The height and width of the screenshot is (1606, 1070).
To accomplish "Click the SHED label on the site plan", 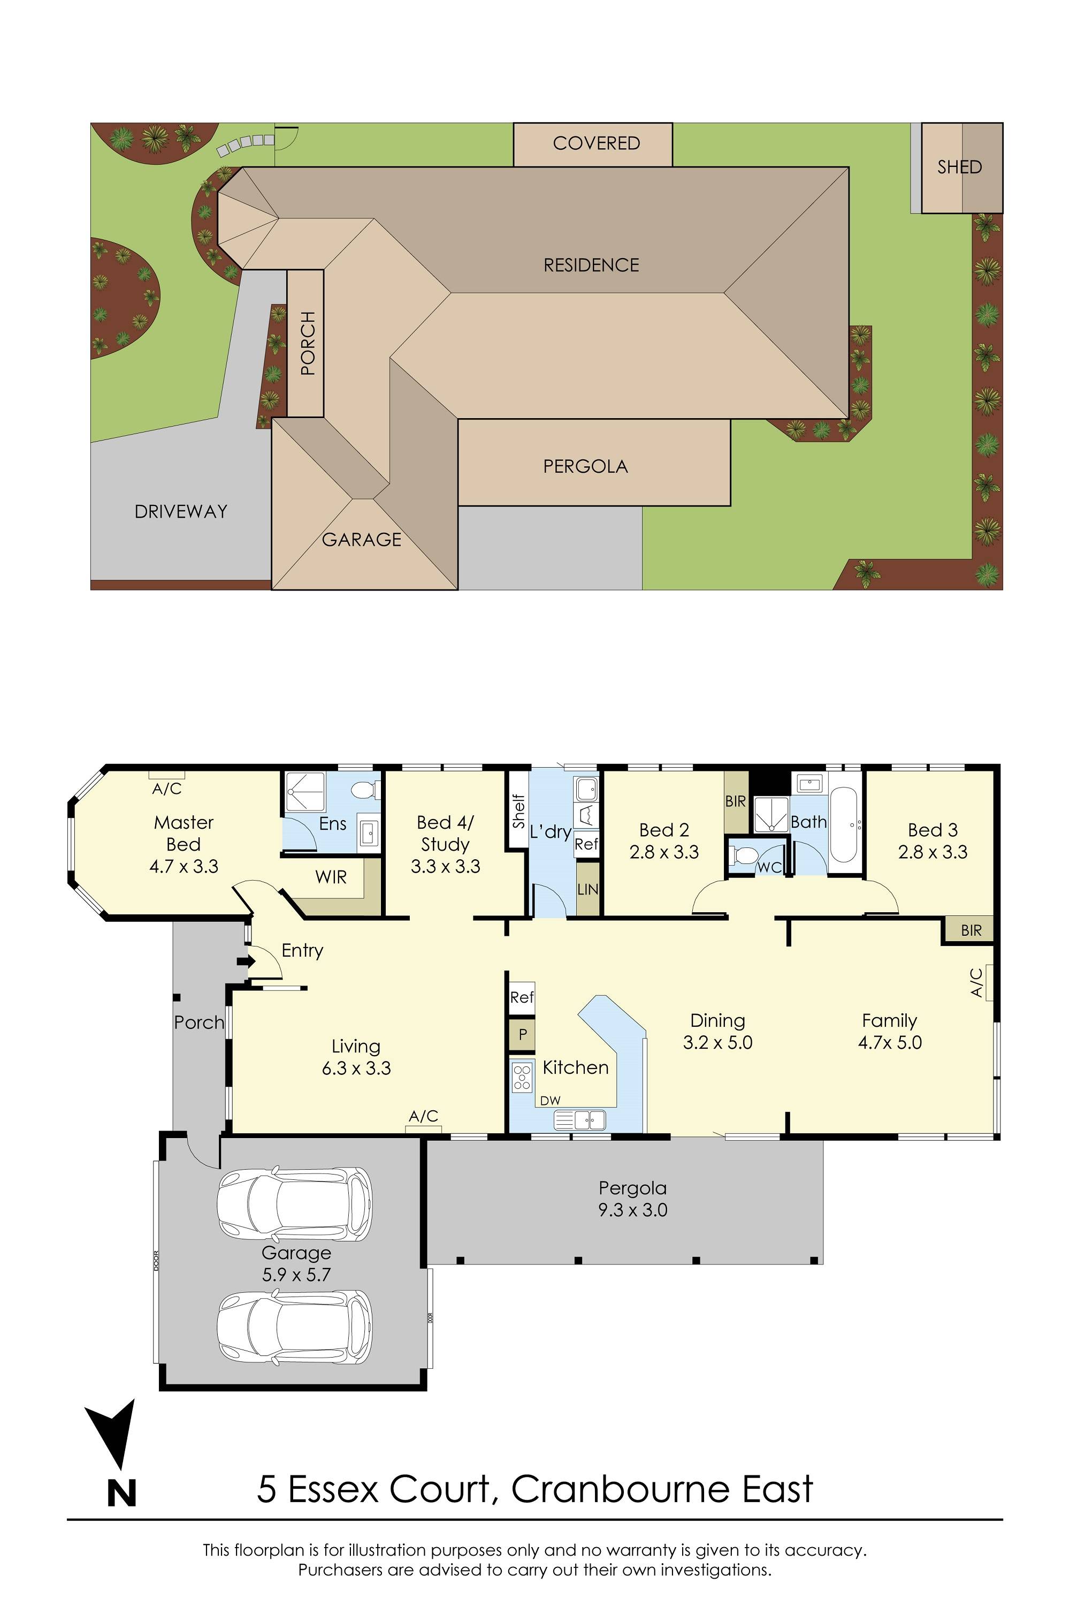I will [959, 167].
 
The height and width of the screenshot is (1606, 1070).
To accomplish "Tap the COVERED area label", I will [596, 143].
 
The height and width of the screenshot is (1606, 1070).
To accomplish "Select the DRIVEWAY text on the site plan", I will [181, 511].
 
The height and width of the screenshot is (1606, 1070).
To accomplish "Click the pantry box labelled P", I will [522, 1034].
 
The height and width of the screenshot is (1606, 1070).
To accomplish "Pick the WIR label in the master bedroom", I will [331, 877].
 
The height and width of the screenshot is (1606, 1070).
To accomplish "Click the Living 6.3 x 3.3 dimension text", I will [356, 1069].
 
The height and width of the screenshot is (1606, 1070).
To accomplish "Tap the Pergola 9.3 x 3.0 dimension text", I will [632, 1210].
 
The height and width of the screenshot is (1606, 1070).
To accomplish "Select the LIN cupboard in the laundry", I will [587, 889].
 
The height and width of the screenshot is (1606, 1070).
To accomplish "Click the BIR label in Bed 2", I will [735, 801].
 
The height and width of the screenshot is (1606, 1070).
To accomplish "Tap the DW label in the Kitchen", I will [550, 1101].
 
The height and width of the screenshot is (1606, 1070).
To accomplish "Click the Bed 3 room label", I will [932, 830].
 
